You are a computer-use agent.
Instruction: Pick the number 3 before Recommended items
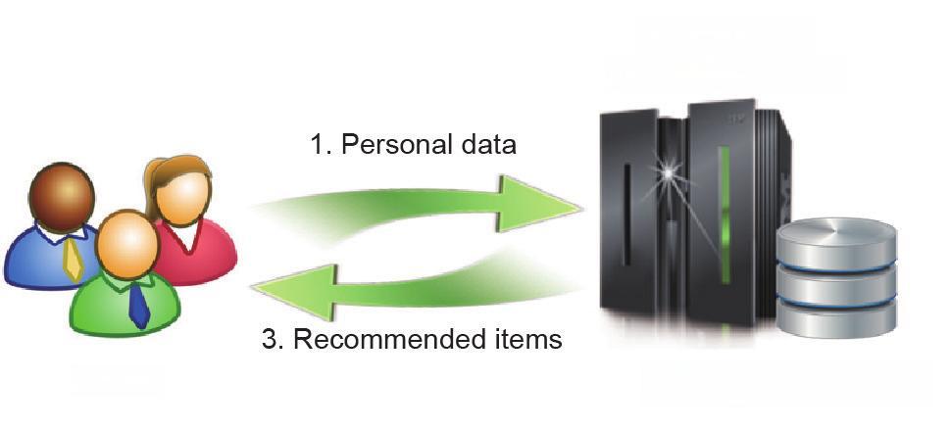tap(271, 340)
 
